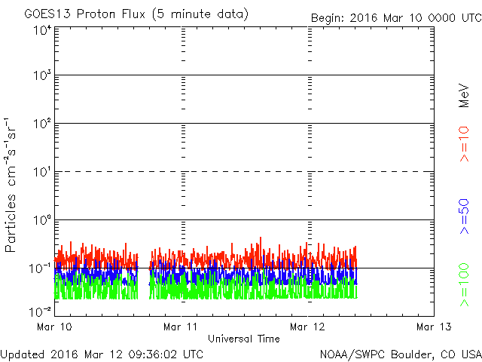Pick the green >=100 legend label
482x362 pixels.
(464, 284)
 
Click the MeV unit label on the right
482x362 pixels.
(464, 94)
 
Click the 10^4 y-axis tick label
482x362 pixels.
(42, 29)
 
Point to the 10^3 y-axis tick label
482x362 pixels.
(42, 76)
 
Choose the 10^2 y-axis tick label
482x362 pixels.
(42, 124)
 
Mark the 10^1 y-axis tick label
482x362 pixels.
(42, 173)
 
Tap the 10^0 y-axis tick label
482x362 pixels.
(42, 221)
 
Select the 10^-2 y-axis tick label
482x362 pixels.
(41, 310)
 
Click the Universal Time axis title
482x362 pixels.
(244, 339)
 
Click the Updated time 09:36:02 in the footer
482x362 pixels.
(156, 354)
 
